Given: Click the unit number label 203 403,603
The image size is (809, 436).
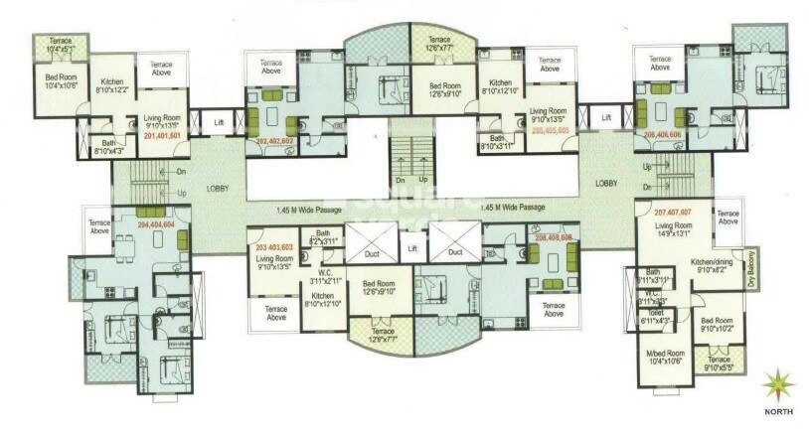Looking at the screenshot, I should click(274, 246).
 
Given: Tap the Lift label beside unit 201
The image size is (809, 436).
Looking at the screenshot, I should click(219, 123).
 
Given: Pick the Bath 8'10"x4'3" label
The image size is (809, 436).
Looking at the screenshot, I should click(106, 148).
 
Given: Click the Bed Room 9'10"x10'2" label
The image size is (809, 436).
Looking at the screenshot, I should click(718, 326).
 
